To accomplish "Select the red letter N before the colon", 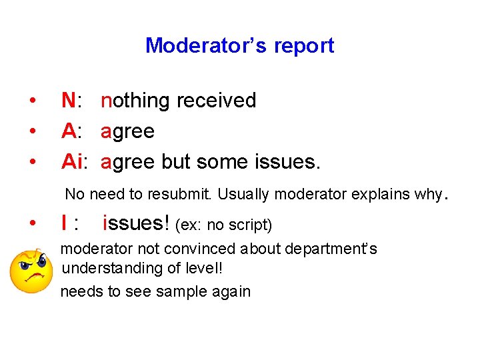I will point(68,101).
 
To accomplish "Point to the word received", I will point(216,101).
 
